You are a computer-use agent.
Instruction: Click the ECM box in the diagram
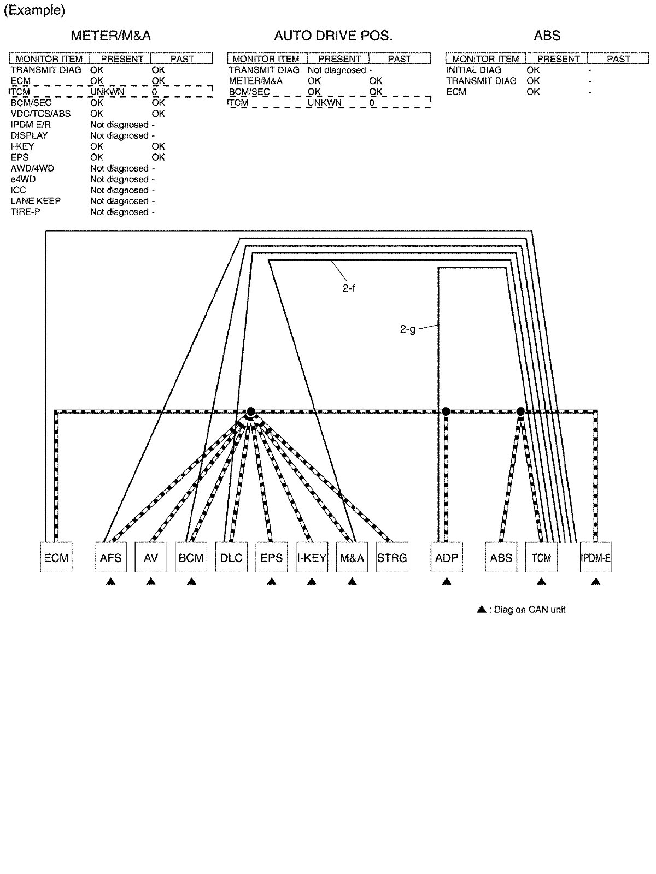(x=56, y=558)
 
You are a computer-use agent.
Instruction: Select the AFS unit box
(x=110, y=558)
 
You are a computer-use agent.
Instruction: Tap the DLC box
(x=231, y=558)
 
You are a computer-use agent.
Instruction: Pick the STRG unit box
(x=392, y=558)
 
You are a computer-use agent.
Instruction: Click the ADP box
(x=447, y=558)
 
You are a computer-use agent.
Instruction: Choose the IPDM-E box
(x=596, y=558)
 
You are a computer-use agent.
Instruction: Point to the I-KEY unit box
(x=312, y=558)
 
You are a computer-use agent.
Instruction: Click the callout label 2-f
(x=349, y=288)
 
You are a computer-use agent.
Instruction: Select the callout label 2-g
(x=408, y=329)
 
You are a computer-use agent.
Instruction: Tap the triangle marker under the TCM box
(x=541, y=582)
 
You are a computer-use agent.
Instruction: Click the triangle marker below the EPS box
(x=271, y=582)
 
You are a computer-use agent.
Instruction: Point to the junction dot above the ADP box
(x=446, y=411)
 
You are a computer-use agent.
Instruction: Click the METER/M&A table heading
(x=110, y=36)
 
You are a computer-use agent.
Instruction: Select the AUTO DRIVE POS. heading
(x=333, y=36)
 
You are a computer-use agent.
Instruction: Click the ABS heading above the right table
(x=547, y=36)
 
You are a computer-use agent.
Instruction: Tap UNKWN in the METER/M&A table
(x=107, y=92)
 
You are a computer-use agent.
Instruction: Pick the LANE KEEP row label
(x=36, y=201)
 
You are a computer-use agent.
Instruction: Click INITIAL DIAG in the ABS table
(x=473, y=70)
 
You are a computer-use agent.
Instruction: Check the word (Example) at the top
(x=34, y=10)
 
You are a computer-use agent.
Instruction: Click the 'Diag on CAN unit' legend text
(x=529, y=610)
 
